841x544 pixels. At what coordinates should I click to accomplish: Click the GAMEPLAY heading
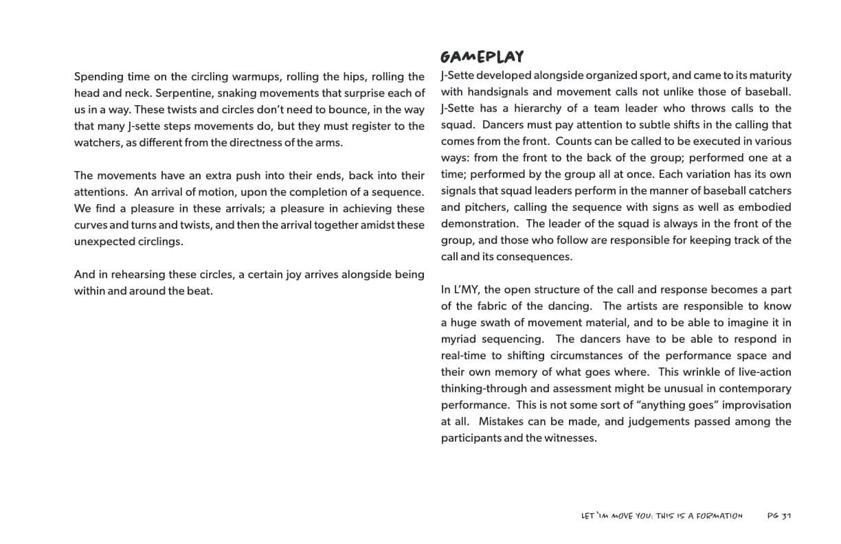tap(482, 56)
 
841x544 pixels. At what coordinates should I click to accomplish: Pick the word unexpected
tap(104, 241)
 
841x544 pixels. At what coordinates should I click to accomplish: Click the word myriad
tap(460, 339)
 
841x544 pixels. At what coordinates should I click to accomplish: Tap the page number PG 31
tap(779, 516)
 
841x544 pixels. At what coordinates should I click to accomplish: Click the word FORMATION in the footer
tap(720, 516)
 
